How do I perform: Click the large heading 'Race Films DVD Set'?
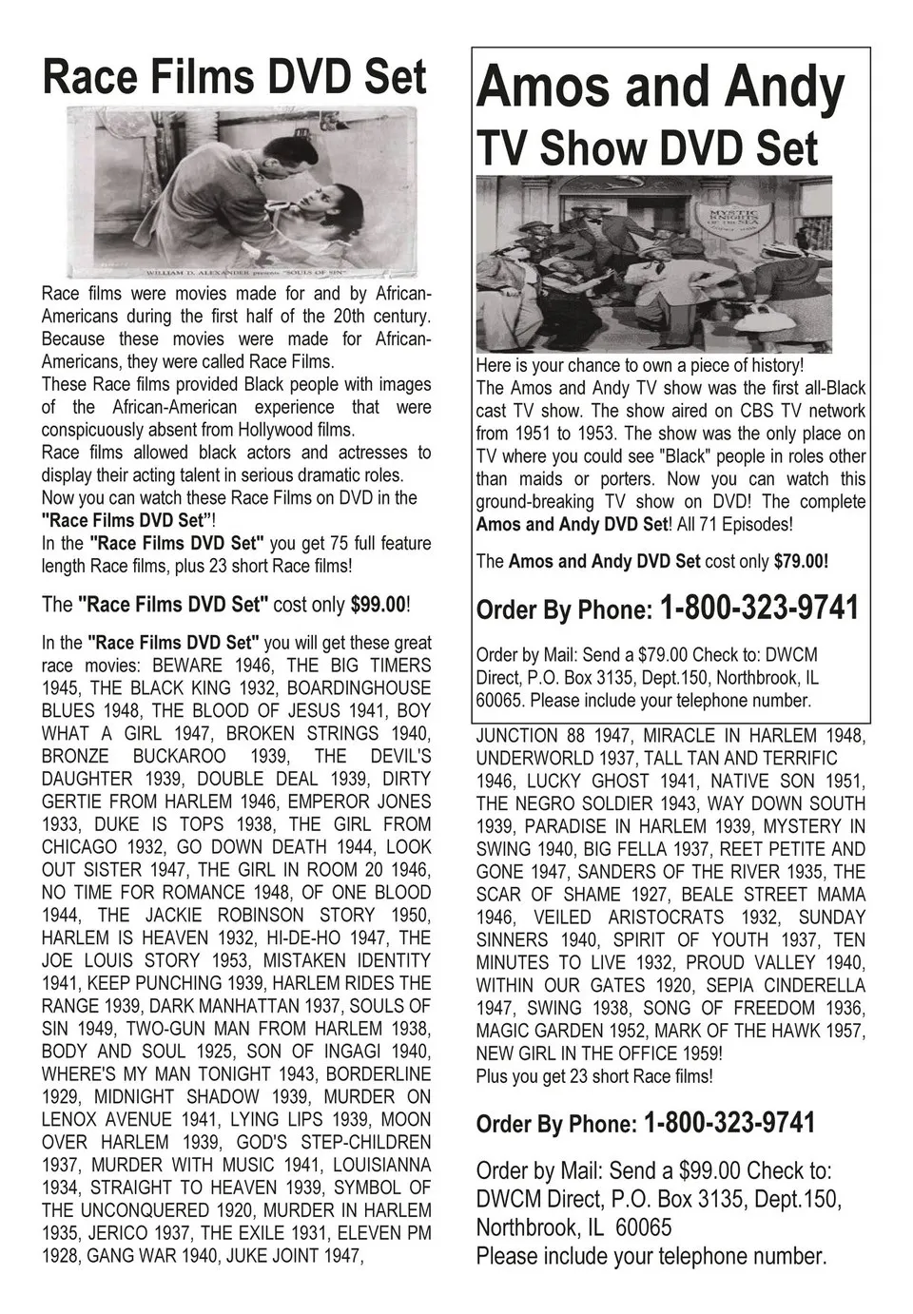point(234,76)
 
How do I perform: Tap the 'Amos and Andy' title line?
point(660,87)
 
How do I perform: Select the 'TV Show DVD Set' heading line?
point(647,148)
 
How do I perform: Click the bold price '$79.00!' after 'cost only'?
point(801,561)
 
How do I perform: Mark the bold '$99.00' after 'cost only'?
point(378,605)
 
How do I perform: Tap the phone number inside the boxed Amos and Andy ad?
point(758,608)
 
